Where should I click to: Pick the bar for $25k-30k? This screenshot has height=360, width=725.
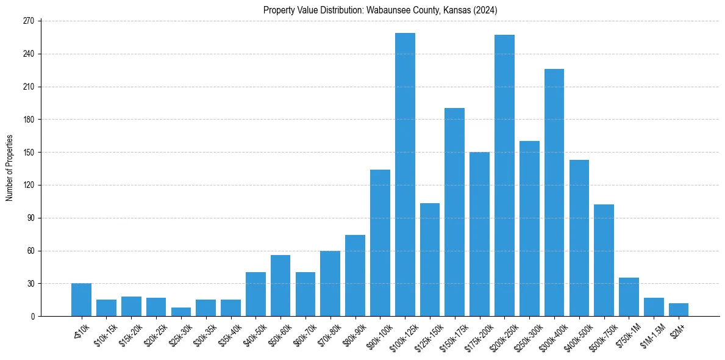pyautogui.click(x=180, y=312)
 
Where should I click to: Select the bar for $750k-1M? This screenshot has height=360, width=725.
pyautogui.click(x=629, y=297)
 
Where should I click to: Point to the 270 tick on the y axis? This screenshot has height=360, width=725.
pyautogui.click(x=40, y=21)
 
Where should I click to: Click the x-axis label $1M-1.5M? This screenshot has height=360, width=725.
pyautogui.click(x=651, y=334)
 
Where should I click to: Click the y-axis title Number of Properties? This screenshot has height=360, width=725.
pyautogui.click(x=10, y=168)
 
